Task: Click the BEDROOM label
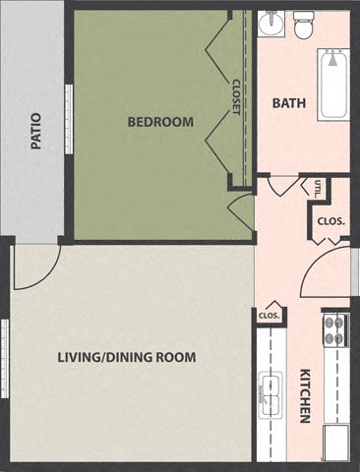160,122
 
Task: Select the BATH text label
288,102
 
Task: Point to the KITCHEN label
305,396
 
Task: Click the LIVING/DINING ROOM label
126,356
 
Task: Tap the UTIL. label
320,188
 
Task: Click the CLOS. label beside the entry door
330,221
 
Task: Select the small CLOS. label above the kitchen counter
270,316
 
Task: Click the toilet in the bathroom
303,25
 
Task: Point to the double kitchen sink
269,397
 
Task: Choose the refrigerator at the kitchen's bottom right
336,442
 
